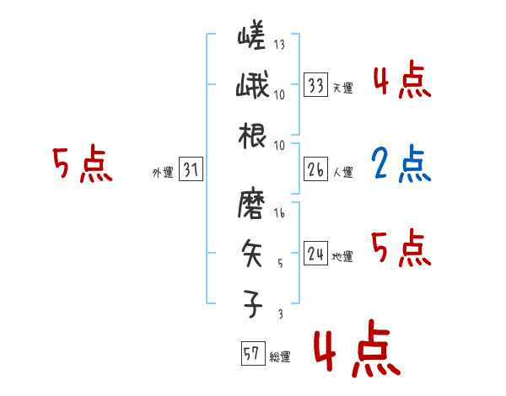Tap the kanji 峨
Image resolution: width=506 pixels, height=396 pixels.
click(x=253, y=87)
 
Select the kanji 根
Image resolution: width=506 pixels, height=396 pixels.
click(x=253, y=135)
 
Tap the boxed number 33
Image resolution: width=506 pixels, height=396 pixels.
click(x=316, y=85)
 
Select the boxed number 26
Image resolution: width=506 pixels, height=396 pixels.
click(x=316, y=170)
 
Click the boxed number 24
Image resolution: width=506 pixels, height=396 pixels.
click(x=316, y=254)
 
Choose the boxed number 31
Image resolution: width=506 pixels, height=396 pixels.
click(x=191, y=171)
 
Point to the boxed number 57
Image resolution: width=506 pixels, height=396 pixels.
click(x=251, y=354)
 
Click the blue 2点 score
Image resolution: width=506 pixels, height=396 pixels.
click(x=401, y=165)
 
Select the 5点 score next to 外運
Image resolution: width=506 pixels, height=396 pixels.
click(x=82, y=164)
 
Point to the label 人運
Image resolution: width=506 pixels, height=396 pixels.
click(x=343, y=172)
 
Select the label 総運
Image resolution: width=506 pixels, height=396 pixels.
click(x=280, y=357)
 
